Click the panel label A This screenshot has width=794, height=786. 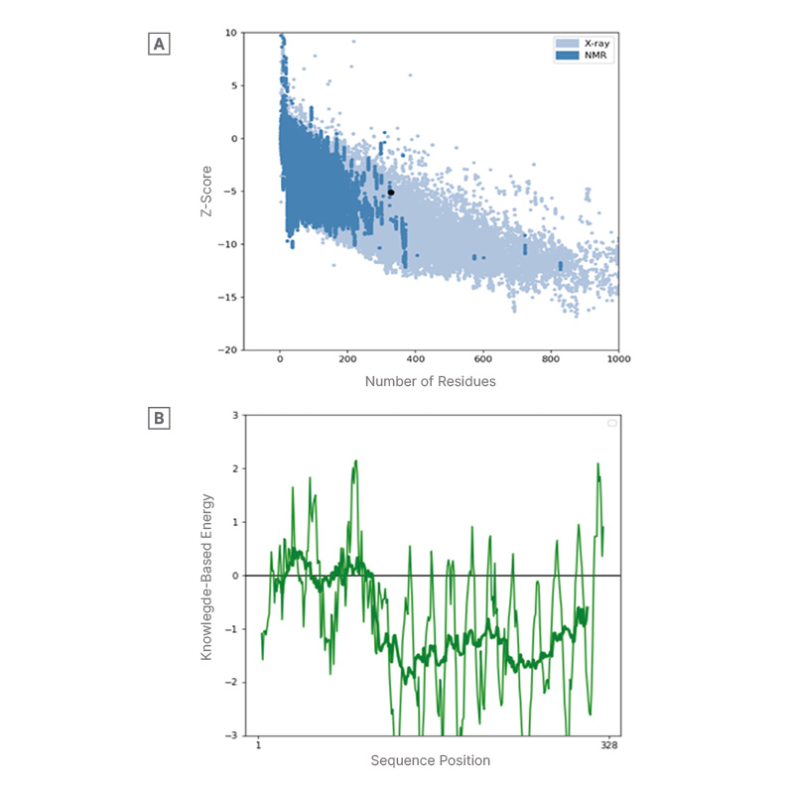click(158, 44)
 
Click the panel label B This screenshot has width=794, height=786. click(158, 420)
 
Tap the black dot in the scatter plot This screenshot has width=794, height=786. click(391, 193)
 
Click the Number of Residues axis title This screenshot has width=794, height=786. click(430, 381)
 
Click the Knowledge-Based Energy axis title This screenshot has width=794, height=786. click(208, 576)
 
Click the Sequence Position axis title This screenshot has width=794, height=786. click(430, 761)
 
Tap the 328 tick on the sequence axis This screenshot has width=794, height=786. click(608, 744)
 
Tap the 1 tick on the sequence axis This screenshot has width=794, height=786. click(258, 744)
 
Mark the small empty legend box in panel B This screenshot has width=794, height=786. click(611, 423)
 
